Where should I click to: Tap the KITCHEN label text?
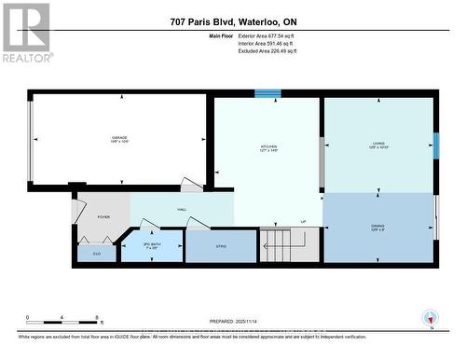[268, 147]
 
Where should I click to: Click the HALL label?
[182, 210]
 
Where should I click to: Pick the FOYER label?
[103, 217]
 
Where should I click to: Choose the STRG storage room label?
[220, 247]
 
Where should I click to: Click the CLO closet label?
[97, 252]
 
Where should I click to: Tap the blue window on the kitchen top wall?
[268, 93]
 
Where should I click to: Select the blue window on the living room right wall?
[435, 145]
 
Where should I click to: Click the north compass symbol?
[429, 318]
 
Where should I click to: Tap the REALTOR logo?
[25, 33]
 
